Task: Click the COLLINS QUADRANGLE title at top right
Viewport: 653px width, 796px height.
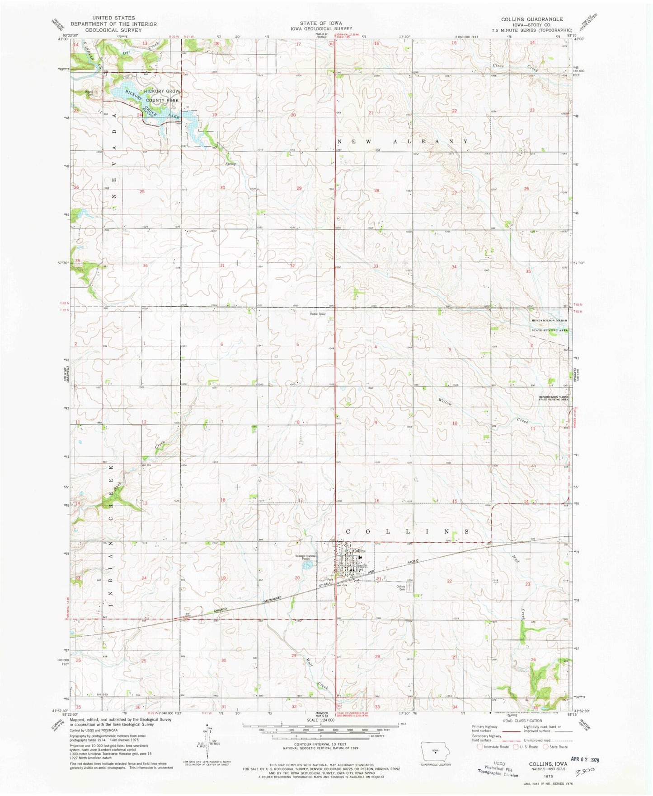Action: (531, 19)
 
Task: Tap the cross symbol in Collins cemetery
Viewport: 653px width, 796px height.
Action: (409, 587)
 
